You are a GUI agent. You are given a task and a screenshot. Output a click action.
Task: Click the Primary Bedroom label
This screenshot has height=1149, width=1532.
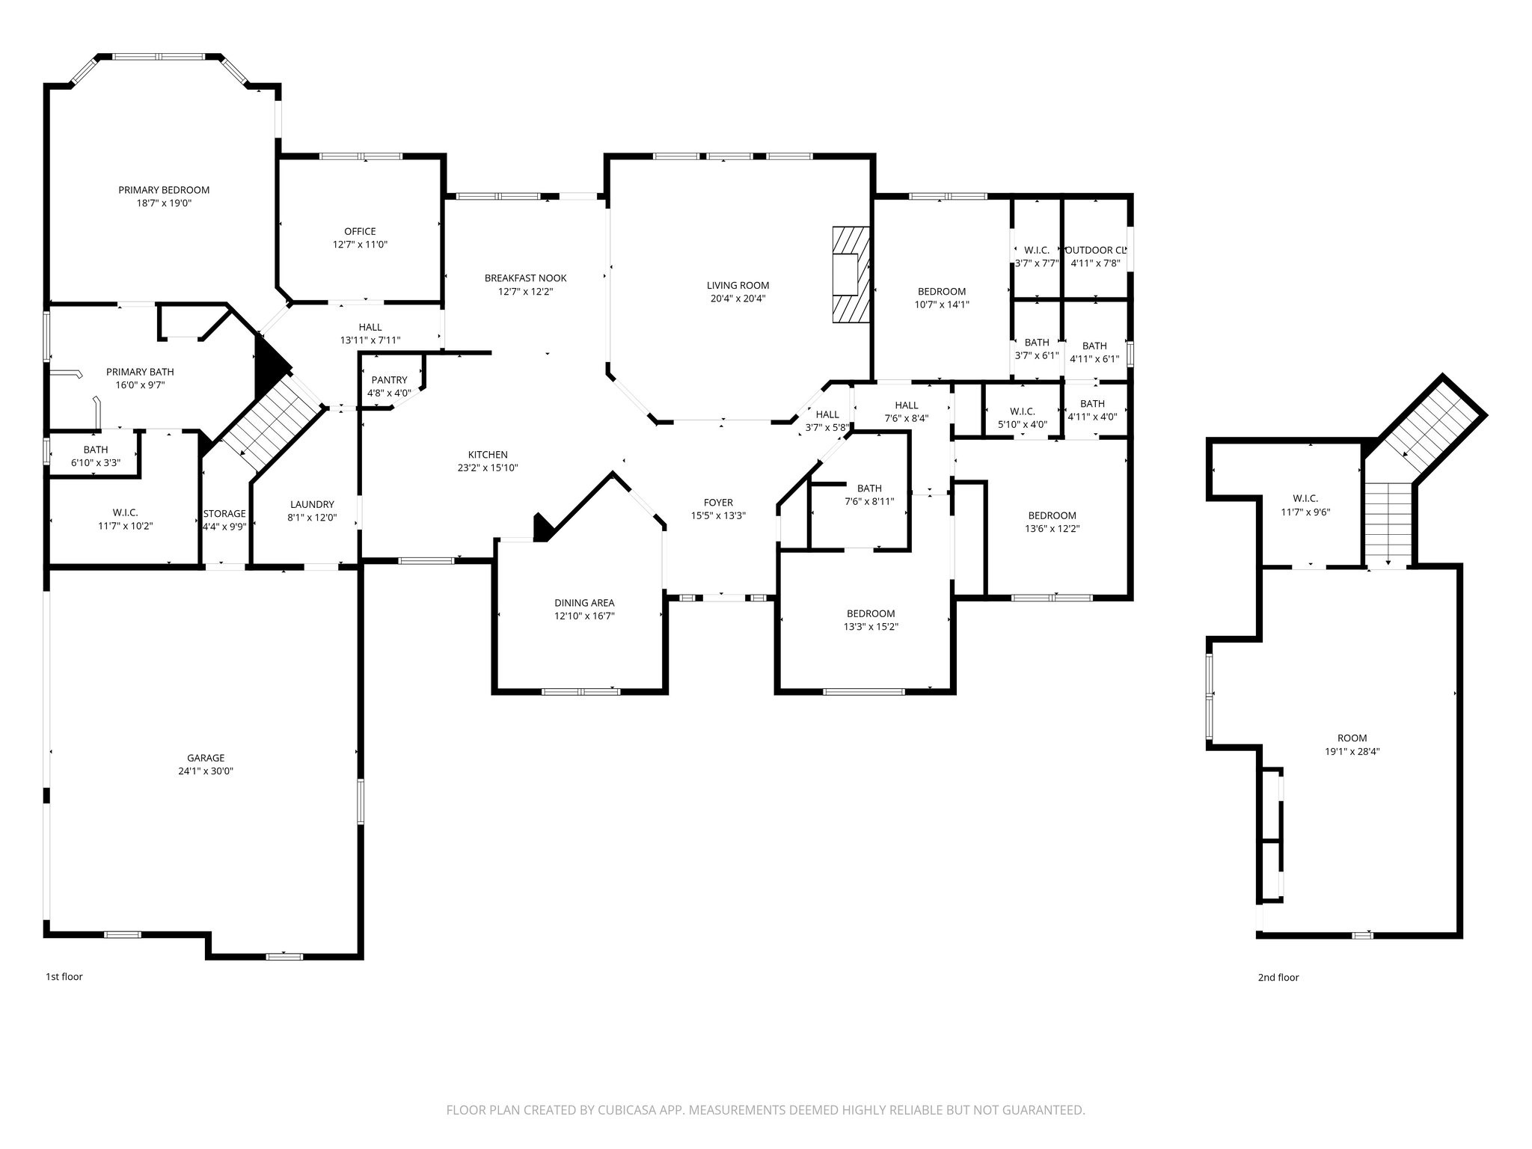pos(164,190)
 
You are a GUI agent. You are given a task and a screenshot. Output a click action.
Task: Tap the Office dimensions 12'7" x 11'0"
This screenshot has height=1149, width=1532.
pos(360,245)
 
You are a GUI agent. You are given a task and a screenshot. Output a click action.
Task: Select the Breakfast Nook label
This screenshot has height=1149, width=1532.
pos(525,278)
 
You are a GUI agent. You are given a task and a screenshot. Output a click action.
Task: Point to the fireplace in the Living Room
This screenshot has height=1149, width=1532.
pos(852,275)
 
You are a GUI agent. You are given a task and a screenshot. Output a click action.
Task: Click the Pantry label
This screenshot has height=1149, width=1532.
pos(389,380)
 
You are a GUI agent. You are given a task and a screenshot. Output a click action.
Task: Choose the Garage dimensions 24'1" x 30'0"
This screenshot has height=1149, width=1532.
pos(206,771)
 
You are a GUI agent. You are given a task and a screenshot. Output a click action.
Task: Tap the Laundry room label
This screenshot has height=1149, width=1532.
pos(312,505)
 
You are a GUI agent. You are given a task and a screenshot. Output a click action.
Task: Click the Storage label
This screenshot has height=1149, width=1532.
pos(224,514)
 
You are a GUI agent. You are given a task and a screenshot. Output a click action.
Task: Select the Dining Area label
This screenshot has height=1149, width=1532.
pos(584,603)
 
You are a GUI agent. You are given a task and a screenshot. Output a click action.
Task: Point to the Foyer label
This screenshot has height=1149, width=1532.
pos(718,503)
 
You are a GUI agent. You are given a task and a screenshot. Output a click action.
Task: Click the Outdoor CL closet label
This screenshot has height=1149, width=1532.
pos(1095,251)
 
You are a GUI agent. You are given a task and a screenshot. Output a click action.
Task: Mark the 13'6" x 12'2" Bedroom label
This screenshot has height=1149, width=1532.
pos(1052,515)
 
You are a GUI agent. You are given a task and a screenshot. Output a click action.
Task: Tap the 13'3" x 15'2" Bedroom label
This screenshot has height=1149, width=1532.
pos(871,614)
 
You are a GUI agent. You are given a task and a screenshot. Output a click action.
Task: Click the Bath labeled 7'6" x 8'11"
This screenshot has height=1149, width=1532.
pos(869,488)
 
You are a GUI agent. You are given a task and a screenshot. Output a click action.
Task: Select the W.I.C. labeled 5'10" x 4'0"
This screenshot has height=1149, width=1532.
pos(1022,411)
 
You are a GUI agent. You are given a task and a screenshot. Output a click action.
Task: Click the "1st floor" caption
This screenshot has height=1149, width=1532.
pos(64,976)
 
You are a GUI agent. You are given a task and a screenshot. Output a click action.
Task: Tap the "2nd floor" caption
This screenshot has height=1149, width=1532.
pos(1278,977)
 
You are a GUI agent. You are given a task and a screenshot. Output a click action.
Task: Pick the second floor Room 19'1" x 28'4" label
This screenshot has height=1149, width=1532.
pos(1352,738)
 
